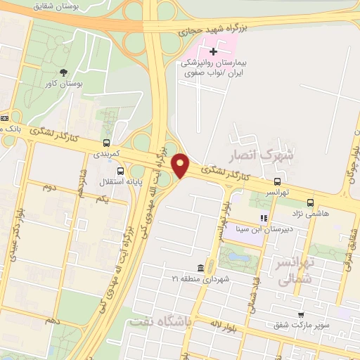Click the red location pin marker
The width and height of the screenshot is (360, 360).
[181, 166]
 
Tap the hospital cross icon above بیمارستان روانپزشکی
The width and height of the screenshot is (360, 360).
[213, 51]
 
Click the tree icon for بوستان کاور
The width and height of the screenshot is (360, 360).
[64, 72]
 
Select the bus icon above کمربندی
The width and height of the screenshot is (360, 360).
[106, 143]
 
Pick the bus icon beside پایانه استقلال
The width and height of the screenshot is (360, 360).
[120, 171]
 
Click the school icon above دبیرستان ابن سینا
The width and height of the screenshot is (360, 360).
[264, 218]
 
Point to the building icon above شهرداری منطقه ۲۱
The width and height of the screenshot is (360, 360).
[201, 269]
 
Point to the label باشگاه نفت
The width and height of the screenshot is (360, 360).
[162, 321]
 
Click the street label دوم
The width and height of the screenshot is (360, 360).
[49, 188]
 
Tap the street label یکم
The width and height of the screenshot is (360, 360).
[103, 200]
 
